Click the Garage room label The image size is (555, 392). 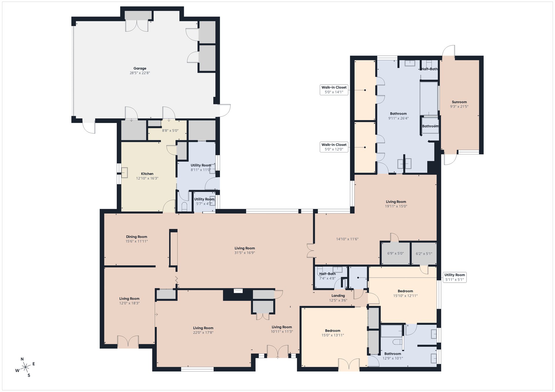[140, 68]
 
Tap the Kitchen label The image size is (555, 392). [147, 174]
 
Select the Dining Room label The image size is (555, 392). [136, 237]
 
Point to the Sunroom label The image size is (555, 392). [459, 102]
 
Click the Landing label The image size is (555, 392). [338, 296]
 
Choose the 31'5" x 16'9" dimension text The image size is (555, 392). [245, 253]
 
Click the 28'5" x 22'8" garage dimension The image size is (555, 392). [140, 73]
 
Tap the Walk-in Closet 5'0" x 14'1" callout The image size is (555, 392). [334, 90]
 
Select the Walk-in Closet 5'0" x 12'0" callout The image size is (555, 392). [334, 147]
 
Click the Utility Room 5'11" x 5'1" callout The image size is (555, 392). [455, 277]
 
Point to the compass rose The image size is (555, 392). [25, 367]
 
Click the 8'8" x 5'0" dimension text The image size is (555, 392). [170, 130]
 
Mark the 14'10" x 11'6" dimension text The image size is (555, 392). [347, 239]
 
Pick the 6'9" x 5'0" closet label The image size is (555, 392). [395, 253]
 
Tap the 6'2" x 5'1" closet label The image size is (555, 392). [424, 254]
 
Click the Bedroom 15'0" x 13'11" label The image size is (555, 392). [333, 333]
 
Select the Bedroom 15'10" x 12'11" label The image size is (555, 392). [405, 293]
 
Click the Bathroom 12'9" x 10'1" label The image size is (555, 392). [393, 356]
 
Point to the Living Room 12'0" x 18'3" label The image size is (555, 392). [129, 301]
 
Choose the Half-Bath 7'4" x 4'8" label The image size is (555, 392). [328, 276]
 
